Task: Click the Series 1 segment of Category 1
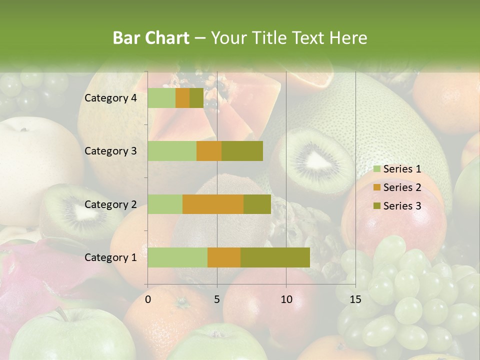coord(177,257)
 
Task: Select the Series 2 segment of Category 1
coord(224,257)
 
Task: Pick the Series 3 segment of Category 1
coord(275,257)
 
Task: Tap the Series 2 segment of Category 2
coord(213,204)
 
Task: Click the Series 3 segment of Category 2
coord(257,204)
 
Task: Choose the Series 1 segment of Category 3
coord(172,151)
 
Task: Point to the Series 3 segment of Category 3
coord(242,151)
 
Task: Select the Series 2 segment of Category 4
coord(182,98)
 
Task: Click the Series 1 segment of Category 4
coord(161,98)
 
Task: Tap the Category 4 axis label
coord(110,98)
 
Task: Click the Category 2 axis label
coord(110,204)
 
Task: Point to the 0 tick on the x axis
coord(148,299)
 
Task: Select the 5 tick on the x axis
coord(217,299)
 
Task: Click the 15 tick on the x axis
coord(355,299)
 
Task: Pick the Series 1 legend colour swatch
coord(377,169)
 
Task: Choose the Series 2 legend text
coord(402,187)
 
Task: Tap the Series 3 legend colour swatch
coord(377,206)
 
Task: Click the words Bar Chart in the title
coord(151,38)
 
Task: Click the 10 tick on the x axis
coord(286,299)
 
